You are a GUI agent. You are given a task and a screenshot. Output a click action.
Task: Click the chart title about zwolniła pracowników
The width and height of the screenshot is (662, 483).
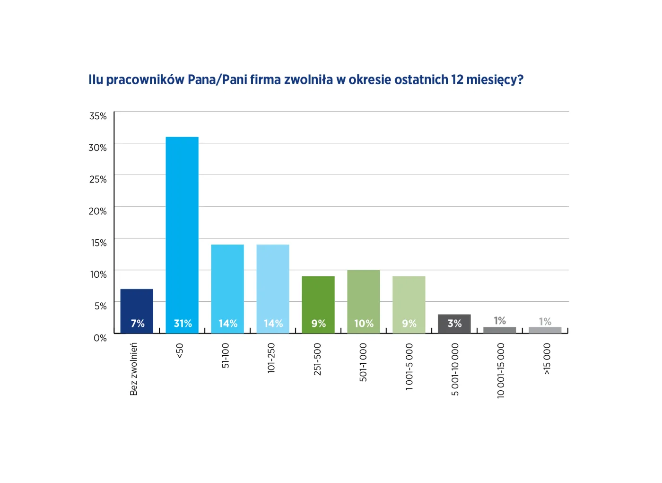pos(306,79)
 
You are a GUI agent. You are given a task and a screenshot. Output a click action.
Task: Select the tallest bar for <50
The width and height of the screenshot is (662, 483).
pos(182,227)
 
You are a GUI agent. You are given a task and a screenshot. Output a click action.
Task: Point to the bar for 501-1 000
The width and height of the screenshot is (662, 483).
pos(364,296)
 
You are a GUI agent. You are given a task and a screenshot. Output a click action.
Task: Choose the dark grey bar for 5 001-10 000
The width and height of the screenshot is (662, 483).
pos(454,324)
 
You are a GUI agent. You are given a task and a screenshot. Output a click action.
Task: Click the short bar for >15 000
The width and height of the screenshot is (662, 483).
pos(545,330)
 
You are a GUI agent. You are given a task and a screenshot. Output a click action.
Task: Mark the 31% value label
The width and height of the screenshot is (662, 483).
pos(183,324)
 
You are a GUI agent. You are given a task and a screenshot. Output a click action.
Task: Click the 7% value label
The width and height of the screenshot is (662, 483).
pos(138,324)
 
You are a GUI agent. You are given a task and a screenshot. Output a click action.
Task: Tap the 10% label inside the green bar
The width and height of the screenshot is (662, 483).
pos(364,324)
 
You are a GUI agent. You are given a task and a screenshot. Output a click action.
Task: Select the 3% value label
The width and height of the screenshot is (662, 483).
pos(455,324)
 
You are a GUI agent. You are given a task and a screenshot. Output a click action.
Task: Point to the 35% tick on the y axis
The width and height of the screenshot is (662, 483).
pos(98,116)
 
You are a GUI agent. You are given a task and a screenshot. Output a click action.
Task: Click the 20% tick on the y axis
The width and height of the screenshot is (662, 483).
pos(98,211)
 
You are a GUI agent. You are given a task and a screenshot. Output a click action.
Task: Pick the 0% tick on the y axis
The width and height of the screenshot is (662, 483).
pos(100,338)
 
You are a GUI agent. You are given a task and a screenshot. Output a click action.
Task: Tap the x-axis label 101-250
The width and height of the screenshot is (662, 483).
pos(271,358)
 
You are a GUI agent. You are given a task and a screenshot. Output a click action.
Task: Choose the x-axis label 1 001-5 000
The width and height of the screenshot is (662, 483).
pos(409,367)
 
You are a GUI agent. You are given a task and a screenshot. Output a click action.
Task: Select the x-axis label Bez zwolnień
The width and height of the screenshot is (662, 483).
pos(134,369)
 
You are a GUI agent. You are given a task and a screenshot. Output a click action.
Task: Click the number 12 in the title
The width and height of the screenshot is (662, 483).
pos(457,79)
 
